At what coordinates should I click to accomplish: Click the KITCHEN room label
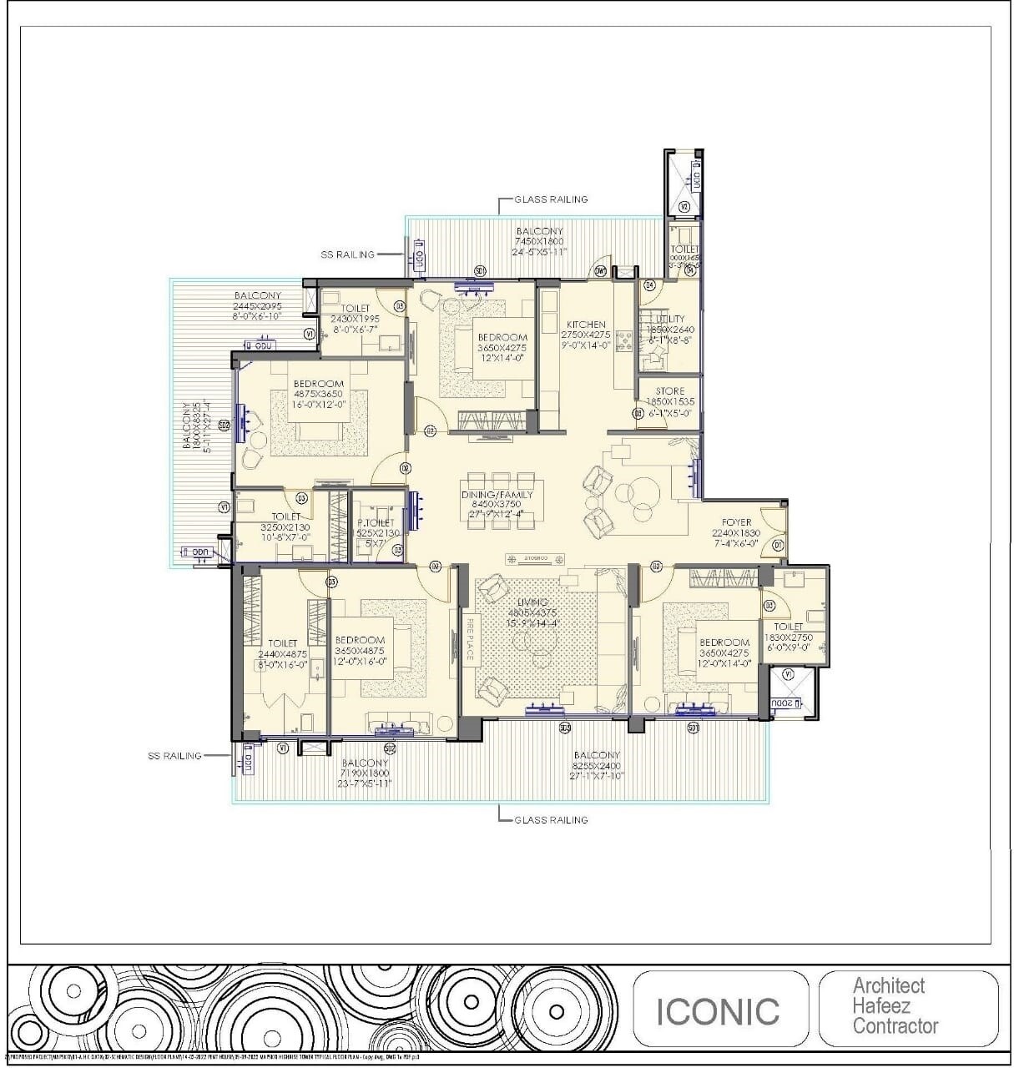(586, 325)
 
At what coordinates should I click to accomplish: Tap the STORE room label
(669, 390)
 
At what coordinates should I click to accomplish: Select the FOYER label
(736, 523)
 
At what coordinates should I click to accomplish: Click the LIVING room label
(532, 602)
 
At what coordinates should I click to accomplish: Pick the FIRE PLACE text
(469, 639)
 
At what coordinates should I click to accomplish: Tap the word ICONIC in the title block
(718, 1011)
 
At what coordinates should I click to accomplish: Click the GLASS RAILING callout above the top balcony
(551, 199)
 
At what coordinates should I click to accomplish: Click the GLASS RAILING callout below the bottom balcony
(551, 820)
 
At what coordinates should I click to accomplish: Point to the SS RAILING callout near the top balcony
(347, 254)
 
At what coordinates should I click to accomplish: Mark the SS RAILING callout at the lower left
(174, 756)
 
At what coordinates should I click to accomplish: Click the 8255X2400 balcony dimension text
(596, 765)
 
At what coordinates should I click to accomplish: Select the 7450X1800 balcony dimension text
(539, 241)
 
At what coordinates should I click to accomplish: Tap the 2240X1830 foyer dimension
(736, 533)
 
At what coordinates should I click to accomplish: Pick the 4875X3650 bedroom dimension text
(318, 394)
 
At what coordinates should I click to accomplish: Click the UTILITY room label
(670, 319)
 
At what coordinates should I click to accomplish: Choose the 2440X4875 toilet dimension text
(282, 654)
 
